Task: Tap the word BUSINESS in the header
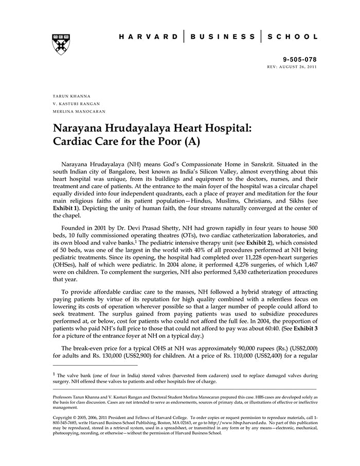222,37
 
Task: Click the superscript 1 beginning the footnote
55,374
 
